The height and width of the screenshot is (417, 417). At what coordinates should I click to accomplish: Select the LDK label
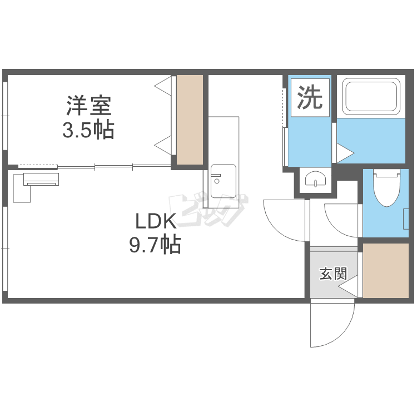(x=156, y=221)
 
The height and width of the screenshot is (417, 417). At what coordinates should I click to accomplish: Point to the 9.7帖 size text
(x=155, y=244)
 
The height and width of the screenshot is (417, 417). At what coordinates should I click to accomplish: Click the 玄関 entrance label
(x=333, y=274)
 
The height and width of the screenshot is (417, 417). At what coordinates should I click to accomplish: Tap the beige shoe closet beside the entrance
(x=385, y=270)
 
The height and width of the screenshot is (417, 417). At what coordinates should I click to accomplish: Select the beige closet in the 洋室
(x=190, y=119)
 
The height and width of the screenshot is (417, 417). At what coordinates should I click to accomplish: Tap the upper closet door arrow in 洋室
(x=162, y=86)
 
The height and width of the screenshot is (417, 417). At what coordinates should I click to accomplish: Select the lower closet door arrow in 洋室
(x=162, y=146)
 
